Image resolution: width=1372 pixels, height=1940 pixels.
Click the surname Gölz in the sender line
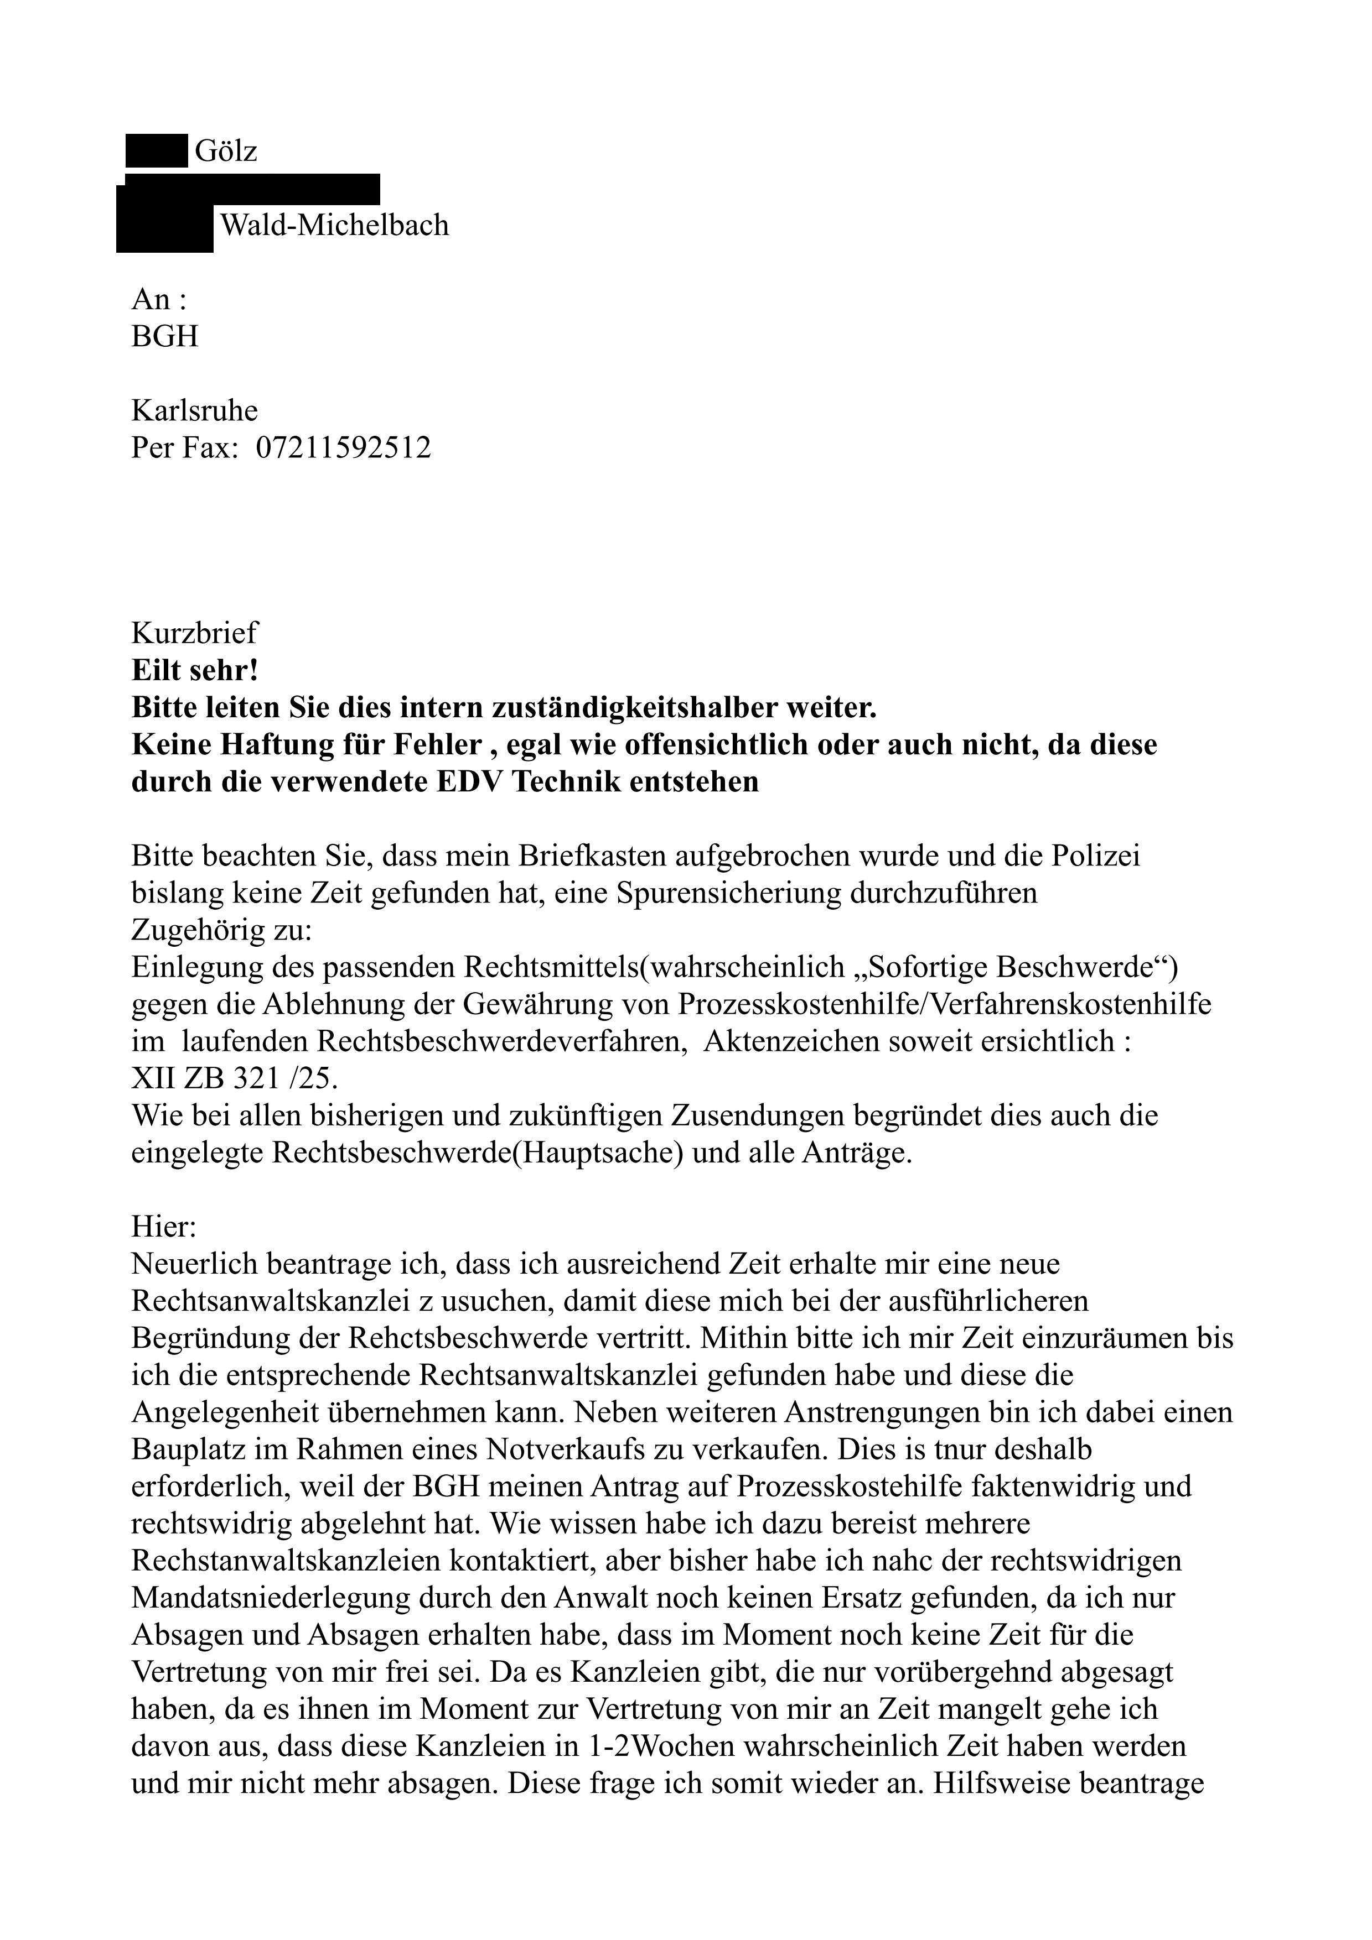pyautogui.click(x=226, y=151)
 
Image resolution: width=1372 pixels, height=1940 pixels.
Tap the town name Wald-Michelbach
pyautogui.click(x=334, y=225)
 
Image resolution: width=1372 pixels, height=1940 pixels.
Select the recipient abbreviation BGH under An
pyautogui.click(x=165, y=336)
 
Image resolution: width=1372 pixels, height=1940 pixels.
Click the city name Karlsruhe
pyautogui.click(x=194, y=411)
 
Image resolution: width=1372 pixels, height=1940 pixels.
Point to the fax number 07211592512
pyautogui.click(x=343, y=447)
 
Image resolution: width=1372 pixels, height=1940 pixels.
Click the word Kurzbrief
pyautogui.click(x=194, y=633)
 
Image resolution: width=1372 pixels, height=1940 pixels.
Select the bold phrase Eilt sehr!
pyautogui.click(x=194, y=670)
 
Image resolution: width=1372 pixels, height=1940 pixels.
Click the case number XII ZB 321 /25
pyautogui.click(x=227, y=1079)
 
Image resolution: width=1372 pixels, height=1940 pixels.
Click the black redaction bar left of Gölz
pyautogui.click(x=157, y=151)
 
